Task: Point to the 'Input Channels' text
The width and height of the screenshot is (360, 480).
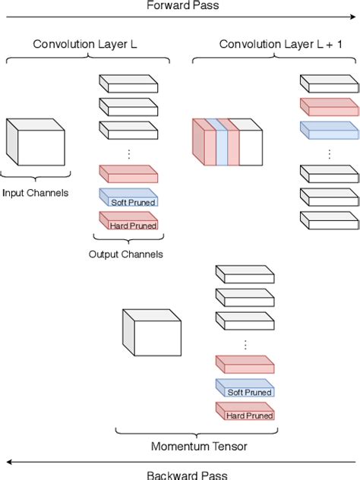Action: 35,193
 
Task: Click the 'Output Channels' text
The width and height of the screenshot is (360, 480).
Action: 126,254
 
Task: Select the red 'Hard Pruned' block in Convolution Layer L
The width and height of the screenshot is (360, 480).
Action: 128,222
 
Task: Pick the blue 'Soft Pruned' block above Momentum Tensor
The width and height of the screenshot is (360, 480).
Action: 245,389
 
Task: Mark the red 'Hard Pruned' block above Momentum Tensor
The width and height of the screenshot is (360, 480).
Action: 245,412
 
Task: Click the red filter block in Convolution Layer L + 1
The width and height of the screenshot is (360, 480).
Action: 329,107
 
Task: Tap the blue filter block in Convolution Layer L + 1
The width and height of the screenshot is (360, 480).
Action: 329,130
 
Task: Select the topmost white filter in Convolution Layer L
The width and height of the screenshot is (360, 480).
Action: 128,84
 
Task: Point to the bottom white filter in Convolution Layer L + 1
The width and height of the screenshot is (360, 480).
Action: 329,220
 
